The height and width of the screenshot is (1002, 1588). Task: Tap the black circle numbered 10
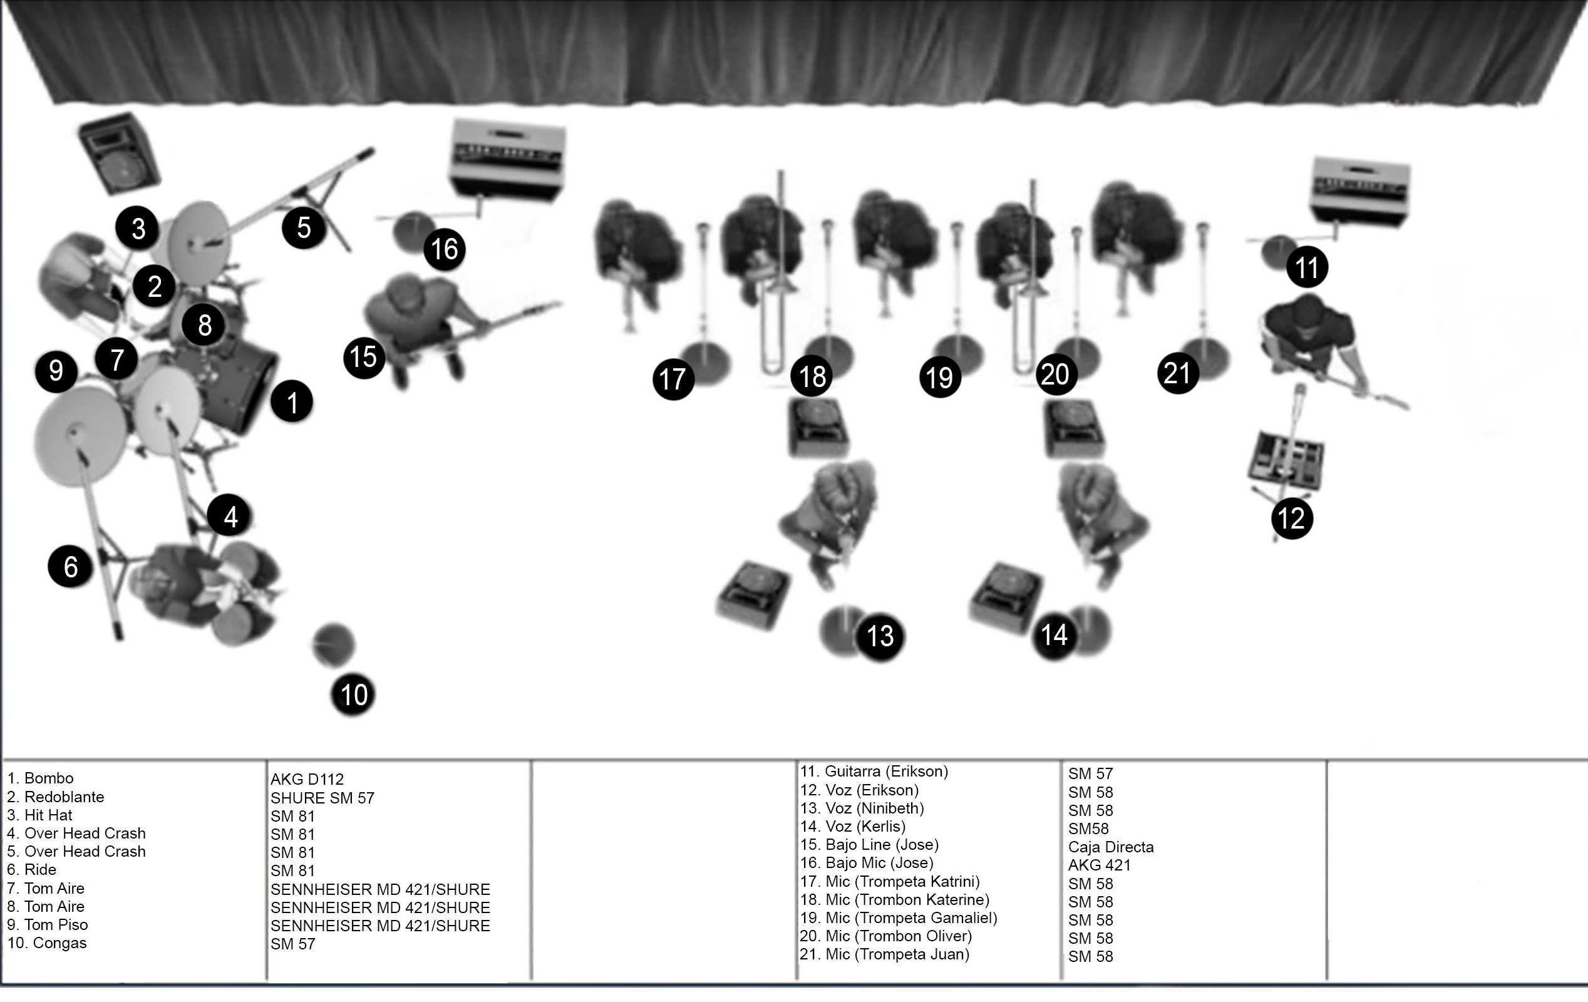click(x=353, y=694)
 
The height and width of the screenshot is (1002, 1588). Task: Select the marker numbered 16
click(x=445, y=249)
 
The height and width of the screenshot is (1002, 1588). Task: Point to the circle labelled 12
click(x=1292, y=518)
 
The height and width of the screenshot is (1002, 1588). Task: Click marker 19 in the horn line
click(x=940, y=378)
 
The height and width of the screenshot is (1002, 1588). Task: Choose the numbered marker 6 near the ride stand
click(x=70, y=566)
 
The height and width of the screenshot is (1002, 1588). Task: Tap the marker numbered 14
click(x=1054, y=635)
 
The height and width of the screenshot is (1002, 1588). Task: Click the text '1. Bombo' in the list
click(x=40, y=778)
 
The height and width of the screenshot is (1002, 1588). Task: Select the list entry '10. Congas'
click(x=47, y=943)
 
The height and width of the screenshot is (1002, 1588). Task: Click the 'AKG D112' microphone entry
click(x=307, y=779)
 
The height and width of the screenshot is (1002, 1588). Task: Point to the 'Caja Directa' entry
click(x=1111, y=847)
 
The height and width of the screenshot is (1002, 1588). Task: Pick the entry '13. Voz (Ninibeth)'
click(x=862, y=808)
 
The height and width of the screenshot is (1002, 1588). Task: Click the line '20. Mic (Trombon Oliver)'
click(x=885, y=936)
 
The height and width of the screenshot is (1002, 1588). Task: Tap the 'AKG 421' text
click(x=1100, y=865)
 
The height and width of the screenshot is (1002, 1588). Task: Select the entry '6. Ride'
click(x=32, y=869)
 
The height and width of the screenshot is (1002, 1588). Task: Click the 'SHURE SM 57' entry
click(x=322, y=797)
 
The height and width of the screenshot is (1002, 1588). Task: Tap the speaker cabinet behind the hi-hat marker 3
click(x=120, y=153)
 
